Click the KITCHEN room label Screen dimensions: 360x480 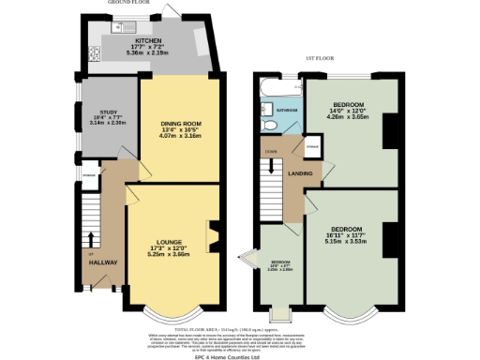[x=148, y=41]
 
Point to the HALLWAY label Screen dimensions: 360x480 [x=103, y=262]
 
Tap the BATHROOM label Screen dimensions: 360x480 [x=286, y=111]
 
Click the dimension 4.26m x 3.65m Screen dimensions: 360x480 [x=347, y=118]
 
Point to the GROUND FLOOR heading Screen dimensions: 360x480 [x=131, y=4]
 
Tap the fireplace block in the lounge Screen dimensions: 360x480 [x=213, y=232]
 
